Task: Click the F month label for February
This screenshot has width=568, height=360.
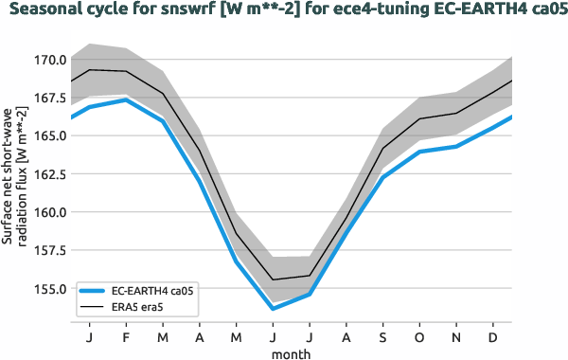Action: coord(126,336)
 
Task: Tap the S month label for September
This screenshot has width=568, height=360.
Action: coord(382,336)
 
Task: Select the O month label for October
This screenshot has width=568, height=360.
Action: coord(419,336)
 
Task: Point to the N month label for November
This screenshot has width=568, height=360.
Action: coord(456,336)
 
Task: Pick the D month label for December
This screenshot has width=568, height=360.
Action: coord(493,336)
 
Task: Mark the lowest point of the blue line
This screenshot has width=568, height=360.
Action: coord(273,309)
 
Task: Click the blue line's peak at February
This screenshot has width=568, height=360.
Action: coord(126,99)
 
